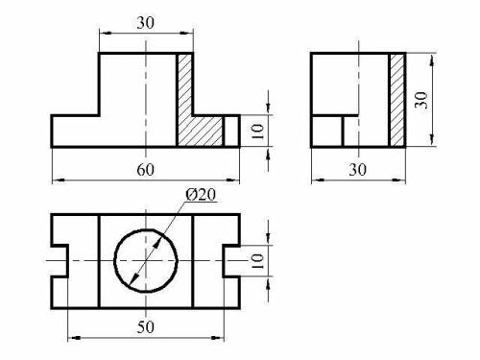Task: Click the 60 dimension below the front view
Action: tap(145, 170)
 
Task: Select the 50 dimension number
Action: tap(146, 327)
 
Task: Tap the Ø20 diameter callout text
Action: tap(201, 195)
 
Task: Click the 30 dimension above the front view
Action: tap(145, 23)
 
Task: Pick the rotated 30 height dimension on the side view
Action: tap(421, 100)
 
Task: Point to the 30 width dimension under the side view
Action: tap(357, 169)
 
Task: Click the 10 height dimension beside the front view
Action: tap(257, 132)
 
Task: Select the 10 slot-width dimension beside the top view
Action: tap(257, 261)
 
